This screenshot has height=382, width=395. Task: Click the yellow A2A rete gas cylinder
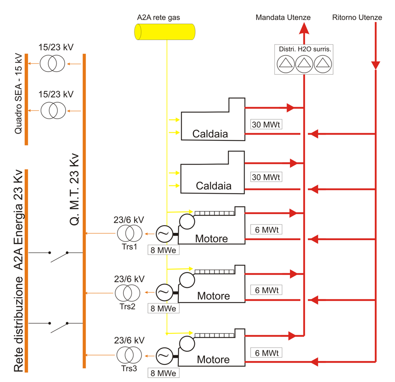[165, 31]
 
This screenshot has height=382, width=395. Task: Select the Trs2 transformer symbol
[128, 292]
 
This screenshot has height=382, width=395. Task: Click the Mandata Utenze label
[283, 17]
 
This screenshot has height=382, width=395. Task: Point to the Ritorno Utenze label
[357, 17]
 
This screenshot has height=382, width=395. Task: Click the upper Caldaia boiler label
[210, 134]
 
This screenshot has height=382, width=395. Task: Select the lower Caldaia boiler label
[213, 186]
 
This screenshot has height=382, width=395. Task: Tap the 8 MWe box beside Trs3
[163, 373]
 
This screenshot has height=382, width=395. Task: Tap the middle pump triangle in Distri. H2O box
[304, 64]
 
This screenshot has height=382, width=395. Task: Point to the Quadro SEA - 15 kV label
[18, 99]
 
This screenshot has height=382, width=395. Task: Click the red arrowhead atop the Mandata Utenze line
[304, 28]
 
